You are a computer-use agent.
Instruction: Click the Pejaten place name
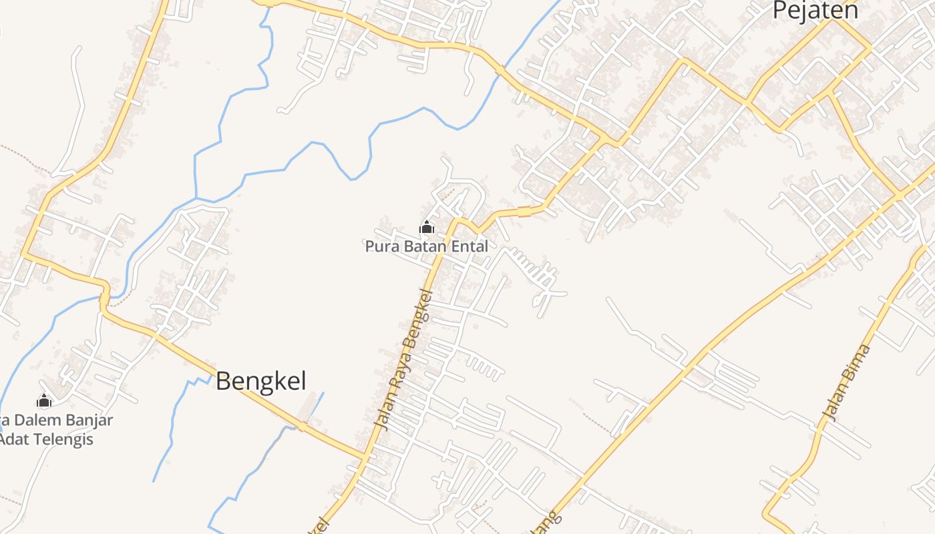[815, 11]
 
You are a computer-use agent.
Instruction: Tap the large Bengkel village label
[261, 381]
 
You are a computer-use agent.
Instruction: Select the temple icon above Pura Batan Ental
[426, 228]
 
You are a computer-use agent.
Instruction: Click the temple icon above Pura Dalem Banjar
[44, 400]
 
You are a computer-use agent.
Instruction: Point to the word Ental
[471, 246]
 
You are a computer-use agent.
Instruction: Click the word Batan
[426, 246]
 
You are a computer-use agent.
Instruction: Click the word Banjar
[86, 421]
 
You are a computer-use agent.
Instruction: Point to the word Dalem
[34, 421]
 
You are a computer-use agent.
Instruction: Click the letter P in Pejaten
[779, 11]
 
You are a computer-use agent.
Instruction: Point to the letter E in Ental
[457, 246]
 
